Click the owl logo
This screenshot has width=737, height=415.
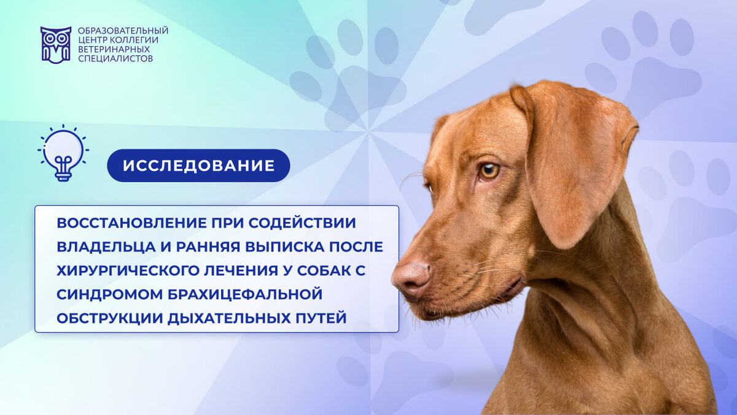tap(56, 45)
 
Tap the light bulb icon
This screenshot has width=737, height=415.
tap(63, 153)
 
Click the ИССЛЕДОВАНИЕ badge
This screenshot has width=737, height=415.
tap(198, 165)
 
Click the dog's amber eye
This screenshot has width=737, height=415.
tap(489, 172)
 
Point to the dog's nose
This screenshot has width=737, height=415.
tap(411, 279)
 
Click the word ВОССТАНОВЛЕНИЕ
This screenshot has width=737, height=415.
tap(131, 223)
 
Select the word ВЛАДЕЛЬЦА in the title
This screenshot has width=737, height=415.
tap(106, 247)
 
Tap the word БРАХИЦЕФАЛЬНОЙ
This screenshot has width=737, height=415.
tap(245, 294)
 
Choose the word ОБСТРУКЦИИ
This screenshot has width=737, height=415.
tap(109, 318)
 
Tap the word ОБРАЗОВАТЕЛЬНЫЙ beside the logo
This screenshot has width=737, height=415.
tap(123, 31)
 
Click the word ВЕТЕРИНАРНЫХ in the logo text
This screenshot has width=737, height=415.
tap(114, 49)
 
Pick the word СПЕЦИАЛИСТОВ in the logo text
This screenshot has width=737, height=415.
tap(115, 58)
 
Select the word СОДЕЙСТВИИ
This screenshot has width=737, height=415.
tap(302, 223)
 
